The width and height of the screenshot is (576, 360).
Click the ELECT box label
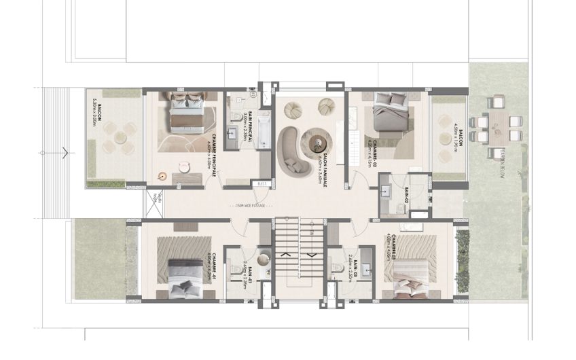click(262, 183)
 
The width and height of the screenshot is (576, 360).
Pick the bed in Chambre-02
click(390, 115)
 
